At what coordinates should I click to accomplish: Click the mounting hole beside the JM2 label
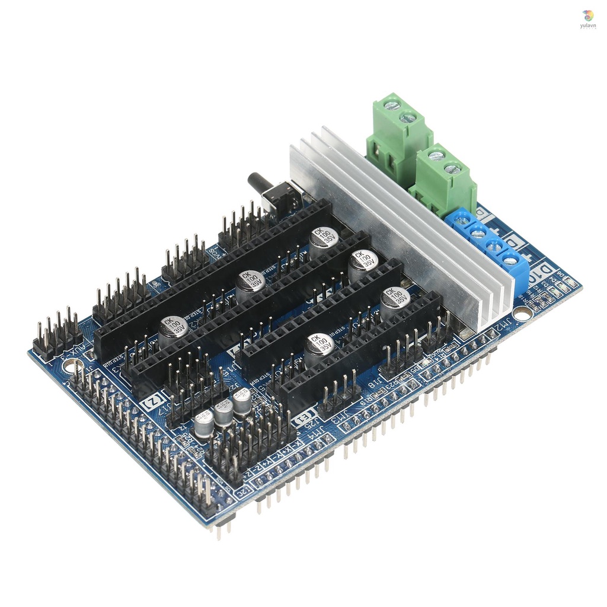click(x=522, y=314)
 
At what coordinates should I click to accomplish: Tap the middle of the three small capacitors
click(x=224, y=413)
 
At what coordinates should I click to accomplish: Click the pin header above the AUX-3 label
click(x=58, y=332)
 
